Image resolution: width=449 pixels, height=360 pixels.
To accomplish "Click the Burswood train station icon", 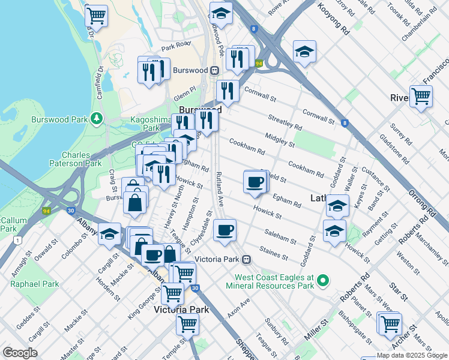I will [x=214, y=70].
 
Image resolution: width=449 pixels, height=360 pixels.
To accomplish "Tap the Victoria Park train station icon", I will [x=246, y=260].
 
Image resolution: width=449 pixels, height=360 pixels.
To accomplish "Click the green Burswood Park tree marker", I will [x=96, y=118].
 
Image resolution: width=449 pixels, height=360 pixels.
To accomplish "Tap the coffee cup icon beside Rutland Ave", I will [x=224, y=230].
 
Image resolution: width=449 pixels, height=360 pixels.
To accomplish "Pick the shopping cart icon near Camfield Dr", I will [x=96, y=15].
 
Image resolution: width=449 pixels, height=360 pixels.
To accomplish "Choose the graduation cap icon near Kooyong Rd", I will [x=304, y=52].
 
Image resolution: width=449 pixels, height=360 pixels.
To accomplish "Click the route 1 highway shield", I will [x=19, y=240].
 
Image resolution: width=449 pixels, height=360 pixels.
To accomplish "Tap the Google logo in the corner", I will [x=20, y=353].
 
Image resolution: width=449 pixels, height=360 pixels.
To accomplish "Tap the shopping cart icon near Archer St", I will [x=390, y=323].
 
